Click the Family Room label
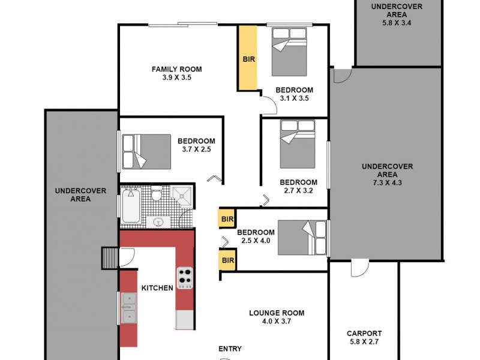[176, 69]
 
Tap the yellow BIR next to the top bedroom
[248, 58]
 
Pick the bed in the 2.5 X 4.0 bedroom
[304, 238]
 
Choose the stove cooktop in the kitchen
[184, 278]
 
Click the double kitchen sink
[129, 308]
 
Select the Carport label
[364, 334]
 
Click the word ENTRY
[230, 349]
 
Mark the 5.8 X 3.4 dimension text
[397, 23]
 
